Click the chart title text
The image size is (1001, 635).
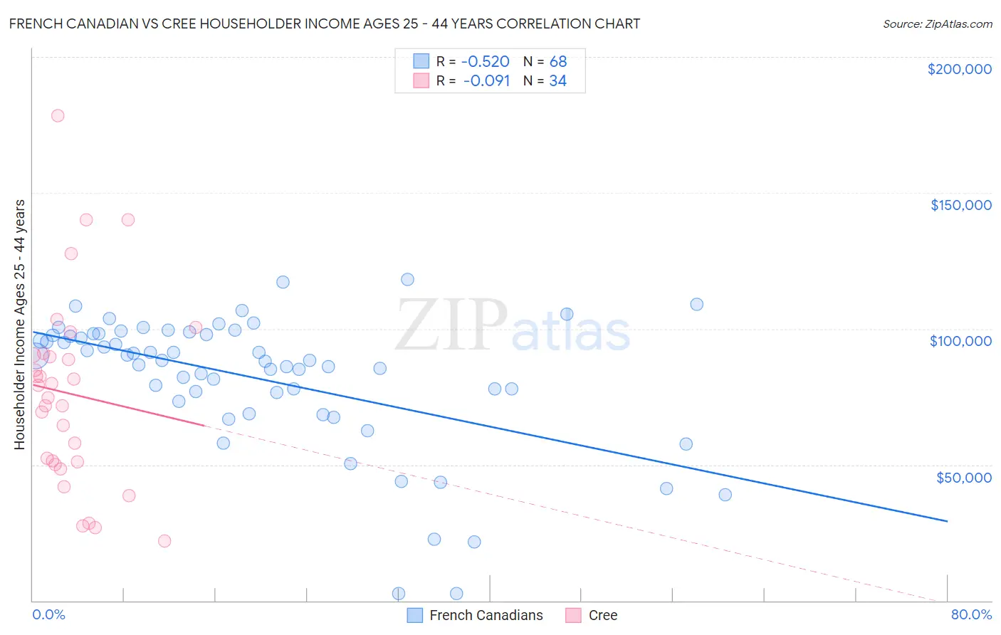(325, 23)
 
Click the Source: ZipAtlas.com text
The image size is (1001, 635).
(937, 23)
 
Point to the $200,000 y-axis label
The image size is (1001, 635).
(959, 69)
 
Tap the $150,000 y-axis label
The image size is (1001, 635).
(960, 205)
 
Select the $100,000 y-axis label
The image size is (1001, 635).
(960, 341)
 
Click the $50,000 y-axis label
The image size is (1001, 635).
(963, 477)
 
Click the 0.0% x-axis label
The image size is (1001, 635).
(48, 614)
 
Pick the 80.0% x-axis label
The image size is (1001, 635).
(971, 614)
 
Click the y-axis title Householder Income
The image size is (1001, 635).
(19, 324)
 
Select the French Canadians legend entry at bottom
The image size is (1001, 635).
(475, 615)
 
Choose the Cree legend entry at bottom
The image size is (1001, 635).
(592, 615)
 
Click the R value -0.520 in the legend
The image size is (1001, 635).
(486, 61)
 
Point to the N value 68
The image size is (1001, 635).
(557, 61)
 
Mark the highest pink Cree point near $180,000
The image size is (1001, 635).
(58, 115)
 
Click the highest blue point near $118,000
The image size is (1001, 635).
(407, 279)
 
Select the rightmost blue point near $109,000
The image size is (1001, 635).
(696, 304)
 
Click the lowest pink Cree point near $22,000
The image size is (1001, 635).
(164, 540)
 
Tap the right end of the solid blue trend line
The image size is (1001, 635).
(947, 521)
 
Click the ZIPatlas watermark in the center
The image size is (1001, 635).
(513, 326)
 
